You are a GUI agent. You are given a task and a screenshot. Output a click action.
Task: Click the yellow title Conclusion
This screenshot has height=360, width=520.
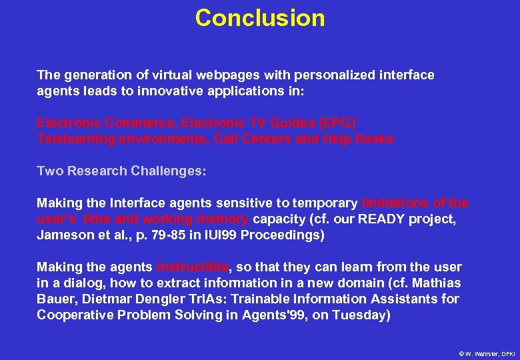click(x=260, y=18)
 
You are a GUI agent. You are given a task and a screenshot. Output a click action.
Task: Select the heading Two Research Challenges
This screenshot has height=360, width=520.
click(x=121, y=171)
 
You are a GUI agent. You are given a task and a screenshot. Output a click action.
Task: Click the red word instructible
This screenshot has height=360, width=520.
click(x=192, y=267)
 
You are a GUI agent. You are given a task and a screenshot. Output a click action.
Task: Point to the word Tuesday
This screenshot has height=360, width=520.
click(x=363, y=315)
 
